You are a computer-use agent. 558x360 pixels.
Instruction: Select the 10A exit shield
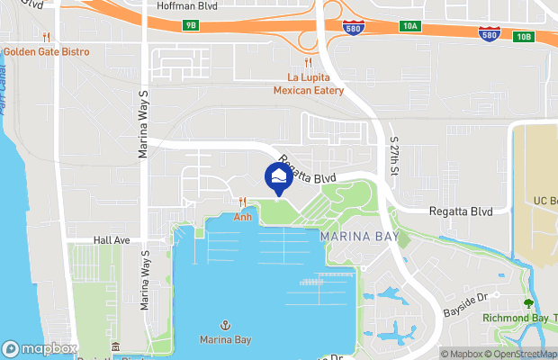tap(411, 26)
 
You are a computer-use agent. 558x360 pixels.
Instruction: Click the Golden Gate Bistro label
tap(46, 52)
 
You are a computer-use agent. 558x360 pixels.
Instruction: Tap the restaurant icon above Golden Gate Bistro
tap(46, 37)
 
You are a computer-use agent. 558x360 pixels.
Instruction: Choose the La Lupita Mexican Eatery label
tap(310, 84)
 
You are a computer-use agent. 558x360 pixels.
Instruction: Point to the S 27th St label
tap(394, 156)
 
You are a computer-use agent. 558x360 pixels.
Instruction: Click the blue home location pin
tap(278, 175)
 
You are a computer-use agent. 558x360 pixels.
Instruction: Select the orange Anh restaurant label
tap(243, 217)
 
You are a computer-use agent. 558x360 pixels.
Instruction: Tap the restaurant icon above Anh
tap(243, 202)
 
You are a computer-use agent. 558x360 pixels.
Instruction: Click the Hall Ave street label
tap(112, 241)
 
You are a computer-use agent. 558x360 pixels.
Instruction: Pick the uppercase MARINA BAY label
tap(355, 236)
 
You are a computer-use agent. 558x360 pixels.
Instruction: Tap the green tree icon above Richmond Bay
tap(527, 304)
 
